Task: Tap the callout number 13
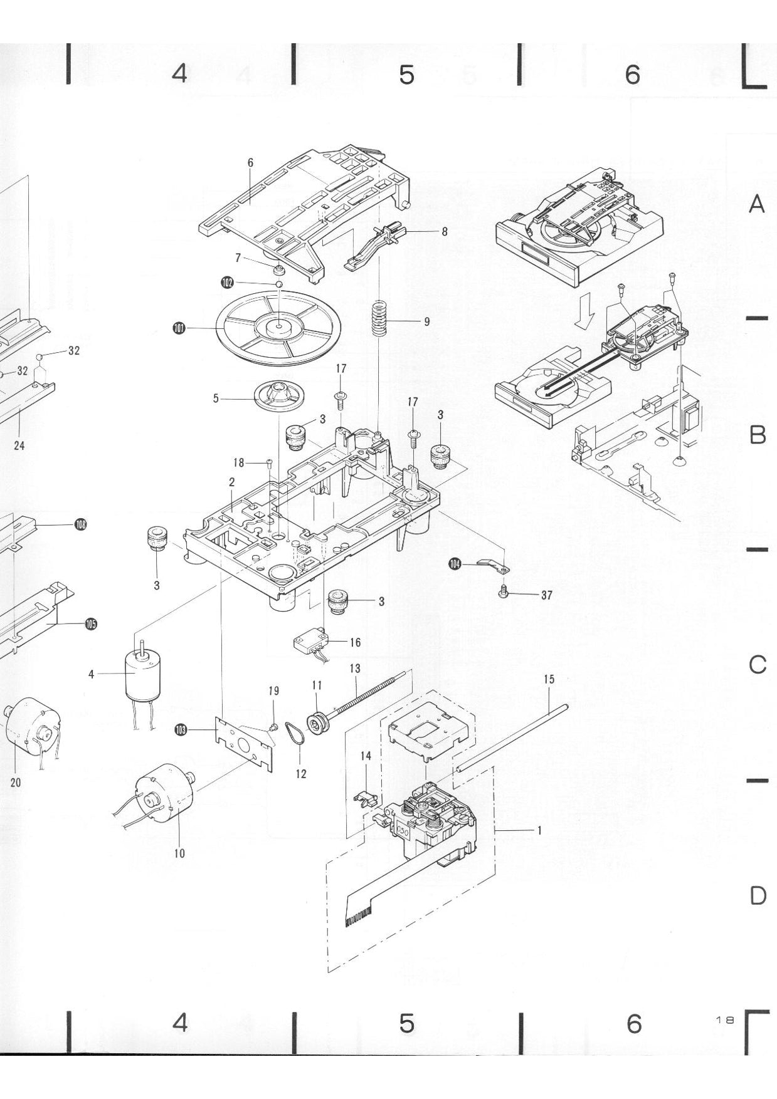(355, 669)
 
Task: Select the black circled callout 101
(179, 328)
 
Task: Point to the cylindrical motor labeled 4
(143, 675)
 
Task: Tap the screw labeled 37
(503, 591)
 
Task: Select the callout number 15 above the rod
(549, 679)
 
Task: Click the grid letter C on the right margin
(758, 665)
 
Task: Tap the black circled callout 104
(455, 565)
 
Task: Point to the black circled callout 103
(181, 729)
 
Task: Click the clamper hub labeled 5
(280, 397)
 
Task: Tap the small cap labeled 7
(278, 270)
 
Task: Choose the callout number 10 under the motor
(179, 853)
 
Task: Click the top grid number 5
(406, 75)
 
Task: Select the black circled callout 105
(91, 623)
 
